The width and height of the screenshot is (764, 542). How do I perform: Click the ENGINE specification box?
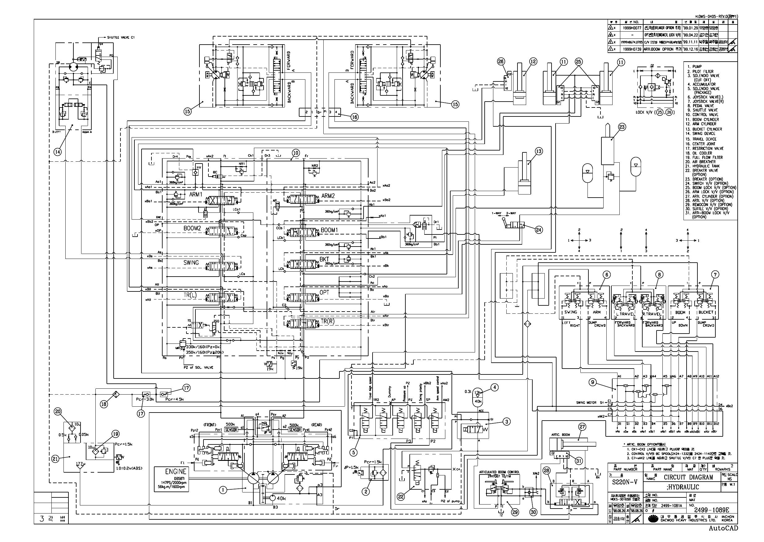tap(171, 479)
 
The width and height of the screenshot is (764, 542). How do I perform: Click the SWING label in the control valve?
tap(191, 263)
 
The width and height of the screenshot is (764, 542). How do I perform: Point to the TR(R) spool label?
tap(327, 321)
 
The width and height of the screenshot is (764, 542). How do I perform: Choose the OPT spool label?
tap(324, 292)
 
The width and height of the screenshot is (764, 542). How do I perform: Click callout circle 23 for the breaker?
tap(622, 126)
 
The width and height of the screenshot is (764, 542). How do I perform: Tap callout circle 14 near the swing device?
tap(58, 151)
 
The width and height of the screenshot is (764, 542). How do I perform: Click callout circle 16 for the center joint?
tap(354, 117)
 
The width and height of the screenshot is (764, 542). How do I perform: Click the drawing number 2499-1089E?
tap(711, 510)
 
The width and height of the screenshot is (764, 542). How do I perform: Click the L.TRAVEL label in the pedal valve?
tap(626, 313)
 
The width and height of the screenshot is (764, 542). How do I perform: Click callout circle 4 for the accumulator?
tap(495, 387)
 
